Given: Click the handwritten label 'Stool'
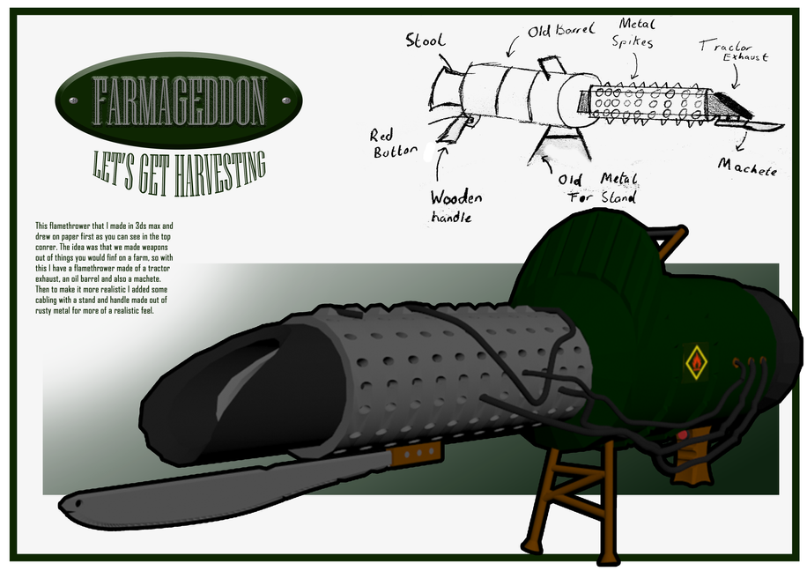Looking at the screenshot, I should coord(426,41).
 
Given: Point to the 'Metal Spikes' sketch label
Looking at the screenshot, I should coord(636,34).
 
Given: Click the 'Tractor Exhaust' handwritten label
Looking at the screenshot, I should coord(733,50).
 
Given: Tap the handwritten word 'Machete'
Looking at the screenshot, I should coord(746,166).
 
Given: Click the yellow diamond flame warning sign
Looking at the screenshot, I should coord(696,361).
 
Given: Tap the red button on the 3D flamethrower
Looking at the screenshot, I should coord(683,435).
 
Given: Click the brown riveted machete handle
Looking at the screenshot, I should coord(415,452).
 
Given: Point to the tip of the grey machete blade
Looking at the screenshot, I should coord(69,505).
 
